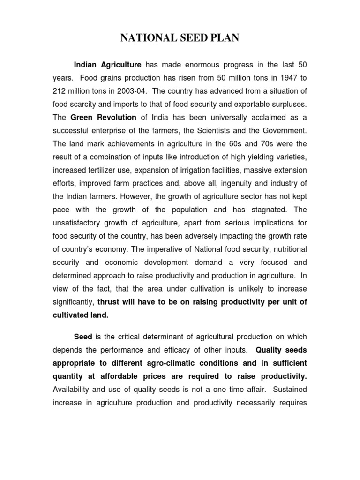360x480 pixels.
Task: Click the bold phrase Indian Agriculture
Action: point(108,64)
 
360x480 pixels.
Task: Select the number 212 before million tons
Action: point(59,90)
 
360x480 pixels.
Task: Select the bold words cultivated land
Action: point(80,315)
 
